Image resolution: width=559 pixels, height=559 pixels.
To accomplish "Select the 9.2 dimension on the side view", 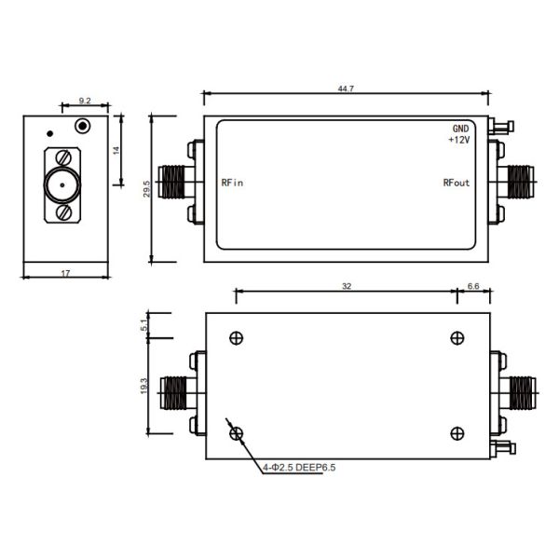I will coord(84,99).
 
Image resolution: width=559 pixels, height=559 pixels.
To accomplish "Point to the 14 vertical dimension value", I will coord(116,150).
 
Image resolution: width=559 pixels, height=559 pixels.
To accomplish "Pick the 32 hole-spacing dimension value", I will coord(347,287).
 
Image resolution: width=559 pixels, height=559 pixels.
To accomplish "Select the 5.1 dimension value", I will coord(143,326).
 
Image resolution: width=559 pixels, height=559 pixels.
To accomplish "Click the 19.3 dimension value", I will coord(143,384).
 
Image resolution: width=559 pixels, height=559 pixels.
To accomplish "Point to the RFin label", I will coord(232,183).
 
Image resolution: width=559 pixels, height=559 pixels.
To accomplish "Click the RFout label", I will coord(457,183).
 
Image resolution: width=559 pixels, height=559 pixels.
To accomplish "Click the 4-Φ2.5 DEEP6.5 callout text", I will coord(298,468).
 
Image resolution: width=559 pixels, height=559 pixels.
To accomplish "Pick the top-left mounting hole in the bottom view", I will coord(237,337).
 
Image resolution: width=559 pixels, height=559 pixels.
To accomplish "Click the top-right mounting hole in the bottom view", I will coord(457,337).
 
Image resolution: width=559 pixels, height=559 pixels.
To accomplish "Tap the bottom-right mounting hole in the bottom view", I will coord(457,431).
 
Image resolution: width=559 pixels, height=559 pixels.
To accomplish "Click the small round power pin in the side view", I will coord(84,126).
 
